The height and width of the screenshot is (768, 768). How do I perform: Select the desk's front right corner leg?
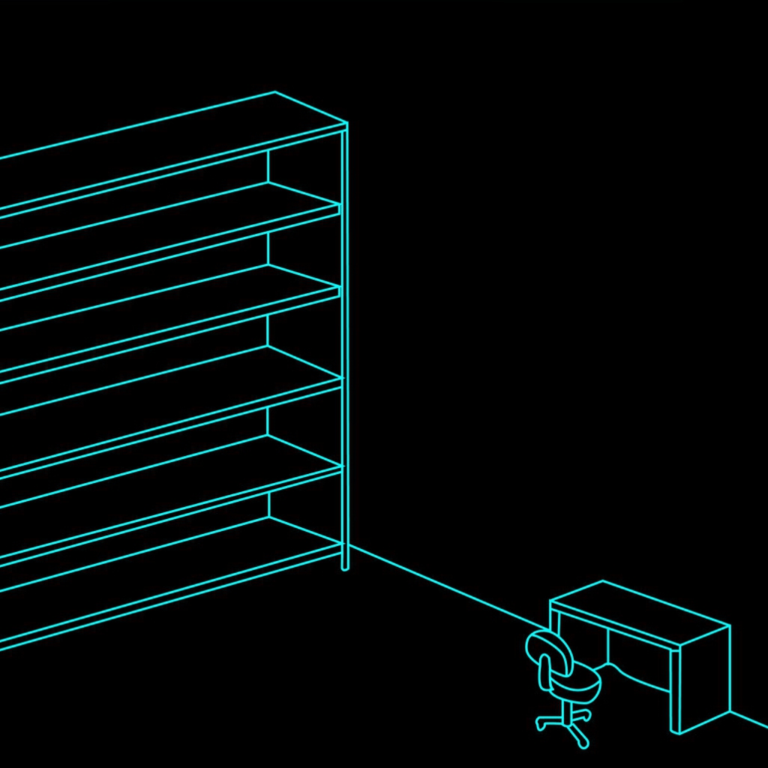click(x=675, y=690)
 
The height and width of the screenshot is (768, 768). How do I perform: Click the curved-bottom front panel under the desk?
click(x=638, y=660)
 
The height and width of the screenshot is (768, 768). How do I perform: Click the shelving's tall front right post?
click(x=345, y=337)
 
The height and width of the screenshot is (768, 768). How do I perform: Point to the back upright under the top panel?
click(x=268, y=166)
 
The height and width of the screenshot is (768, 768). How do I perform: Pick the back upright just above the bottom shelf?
click(x=268, y=504)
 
